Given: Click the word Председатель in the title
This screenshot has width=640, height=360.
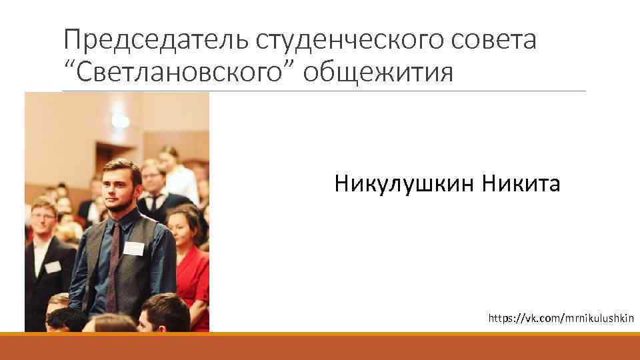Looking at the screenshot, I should pyautogui.click(x=156, y=41).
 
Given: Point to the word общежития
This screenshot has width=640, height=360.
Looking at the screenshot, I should pyautogui.click(x=377, y=71).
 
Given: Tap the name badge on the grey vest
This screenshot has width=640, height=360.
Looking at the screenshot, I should pyautogui.click(x=134, y=249).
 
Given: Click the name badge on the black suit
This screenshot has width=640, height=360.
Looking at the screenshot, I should pyautogui.click(x=53, y=267).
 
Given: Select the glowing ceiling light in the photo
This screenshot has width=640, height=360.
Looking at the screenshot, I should pyautogui.click(x=120, y=120).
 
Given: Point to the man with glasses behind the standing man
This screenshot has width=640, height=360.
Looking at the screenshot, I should pyautogui.click(x=153, y=180).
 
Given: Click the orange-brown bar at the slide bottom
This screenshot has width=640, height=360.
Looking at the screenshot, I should pyautogui.click(x=320, y=347).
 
